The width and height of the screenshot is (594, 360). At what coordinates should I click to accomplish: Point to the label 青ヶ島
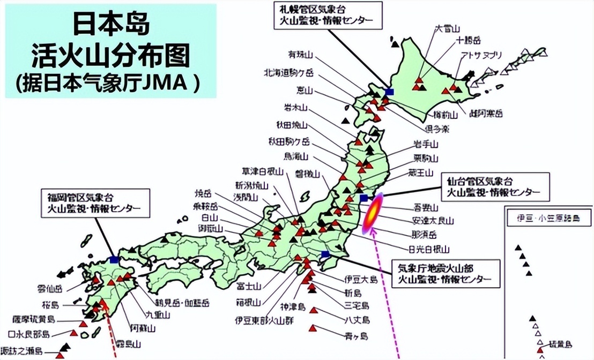(357, 336)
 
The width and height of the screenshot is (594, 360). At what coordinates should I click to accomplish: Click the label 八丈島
(357, 319)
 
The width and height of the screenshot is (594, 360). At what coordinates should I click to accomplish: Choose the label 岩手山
(426, 144)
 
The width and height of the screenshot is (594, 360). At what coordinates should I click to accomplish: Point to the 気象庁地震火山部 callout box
(444, 273)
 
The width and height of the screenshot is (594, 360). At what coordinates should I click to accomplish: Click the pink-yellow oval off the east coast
(372, 214)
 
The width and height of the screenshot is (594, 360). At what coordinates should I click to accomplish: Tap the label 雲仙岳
(50, 288)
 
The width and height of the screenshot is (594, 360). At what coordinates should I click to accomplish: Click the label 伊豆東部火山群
(259, 321)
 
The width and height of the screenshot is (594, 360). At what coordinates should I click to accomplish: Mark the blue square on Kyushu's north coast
(114, 260)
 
